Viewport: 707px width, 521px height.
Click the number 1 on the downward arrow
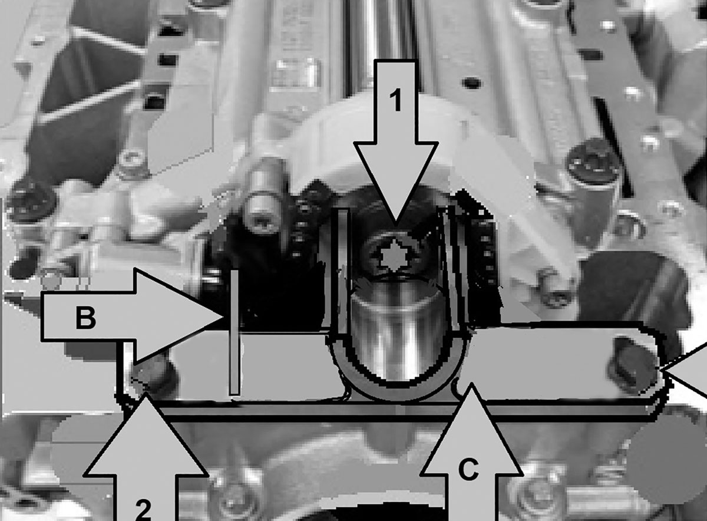pos(396,100)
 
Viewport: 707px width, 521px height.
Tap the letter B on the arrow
pos(85,318)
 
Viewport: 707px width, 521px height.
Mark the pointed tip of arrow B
pos(224,316)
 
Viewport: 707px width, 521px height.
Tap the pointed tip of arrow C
pos(471,385)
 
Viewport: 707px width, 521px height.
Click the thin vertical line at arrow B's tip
pos(234,332)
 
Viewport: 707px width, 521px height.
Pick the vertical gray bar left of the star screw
pos(343,272)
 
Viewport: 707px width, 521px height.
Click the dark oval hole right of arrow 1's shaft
pos(472,83)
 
